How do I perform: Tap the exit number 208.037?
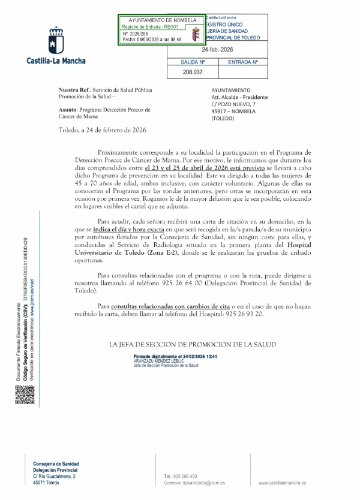tap(192, 71)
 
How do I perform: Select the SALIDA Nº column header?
tap(193, 62)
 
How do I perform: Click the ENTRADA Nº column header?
tap(243, 62)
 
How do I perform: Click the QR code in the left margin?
tap(21, 396)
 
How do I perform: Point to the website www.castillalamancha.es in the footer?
tap(281, 483)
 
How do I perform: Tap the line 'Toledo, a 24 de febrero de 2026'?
tap(103, 129)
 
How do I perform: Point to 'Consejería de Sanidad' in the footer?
tap(56, 463)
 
